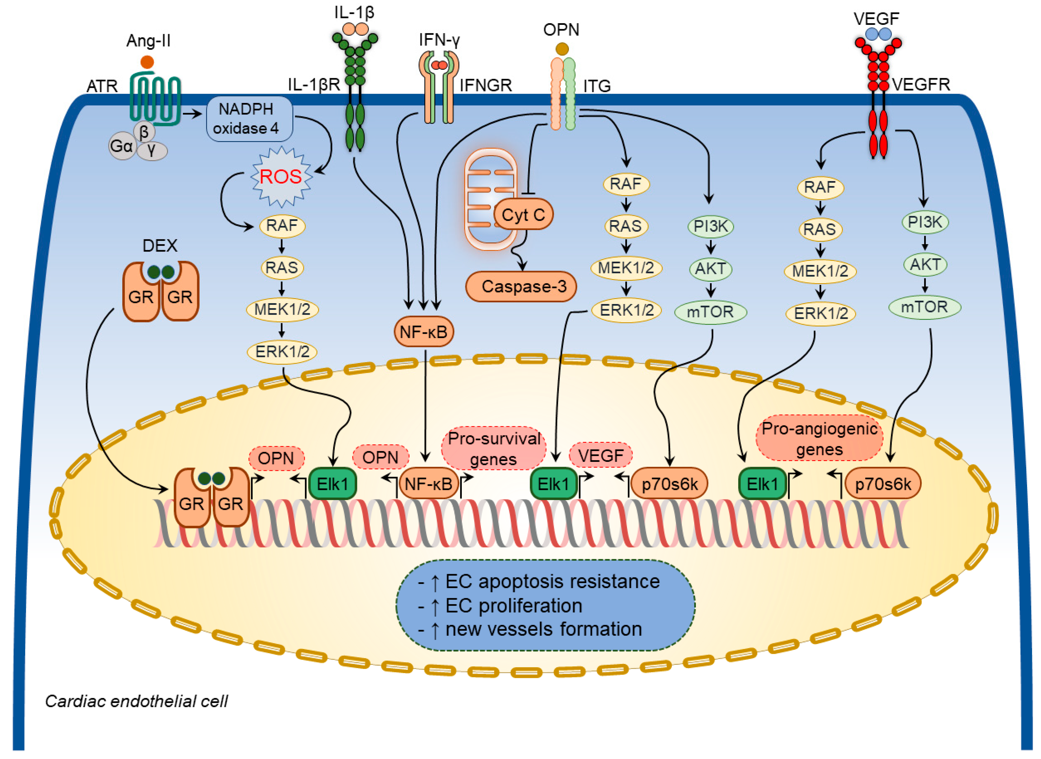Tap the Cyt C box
pos(523,215)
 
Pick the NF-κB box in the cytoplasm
pos(424,331)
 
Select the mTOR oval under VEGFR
pos(924,307)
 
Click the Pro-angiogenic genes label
pos(819,439)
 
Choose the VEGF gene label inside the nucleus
pos(601,456)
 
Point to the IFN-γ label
pos(439,40)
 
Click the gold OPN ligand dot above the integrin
pos(562,49)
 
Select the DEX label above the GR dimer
pos(160,246)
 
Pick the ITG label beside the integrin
pos(597,86)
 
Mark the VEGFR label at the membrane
pos(921,85)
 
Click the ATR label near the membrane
pos(102,86)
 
